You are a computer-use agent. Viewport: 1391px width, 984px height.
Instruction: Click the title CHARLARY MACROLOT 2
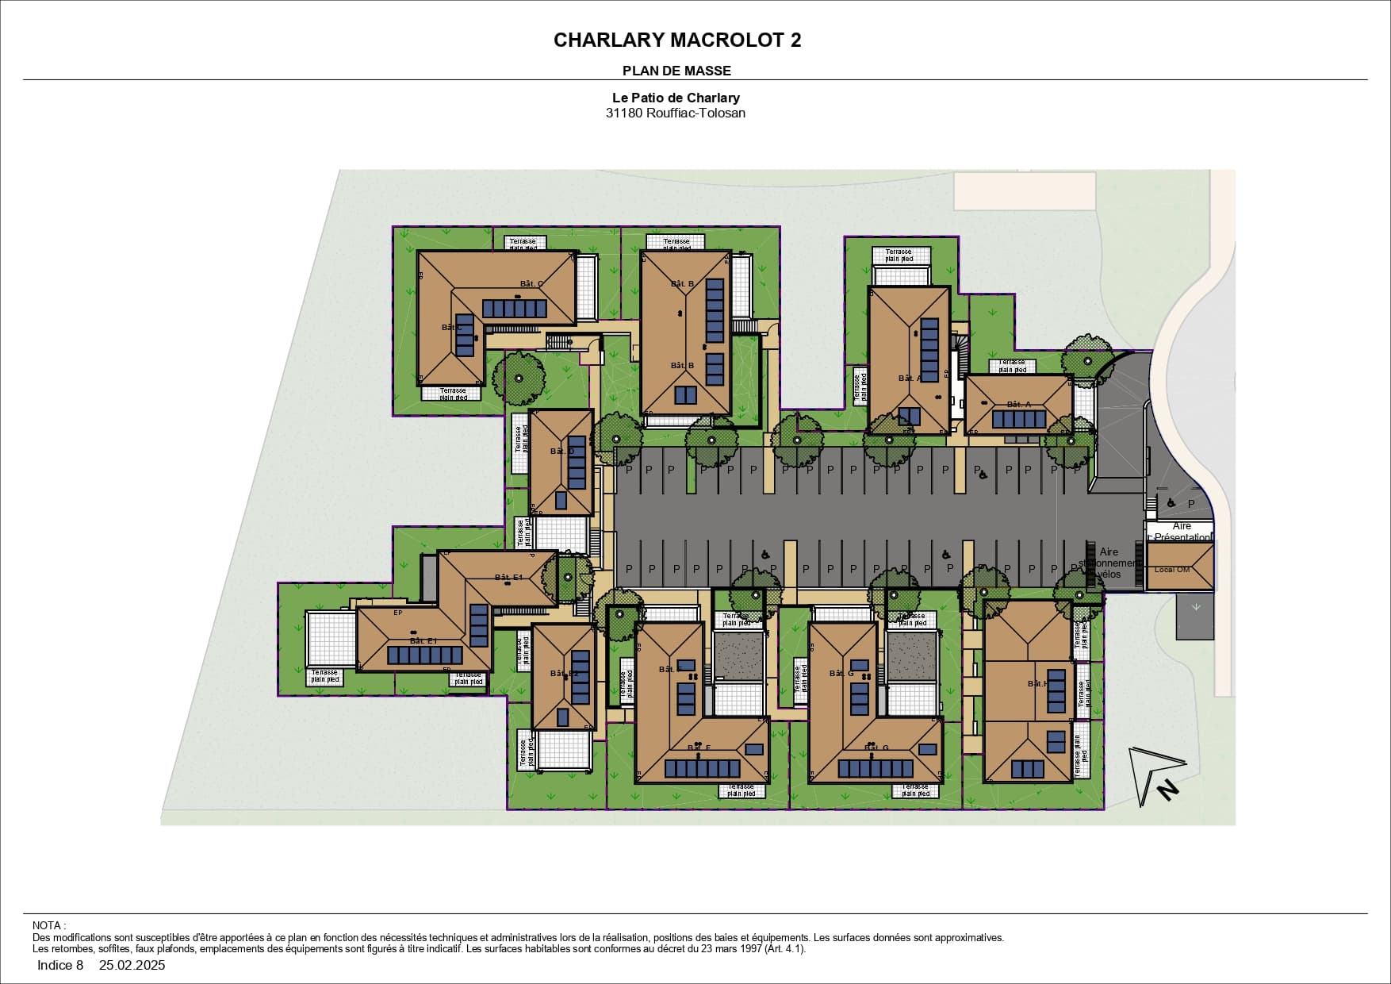click(x=676, y=40)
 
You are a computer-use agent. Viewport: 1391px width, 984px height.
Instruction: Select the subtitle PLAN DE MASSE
click(x=676, y=71)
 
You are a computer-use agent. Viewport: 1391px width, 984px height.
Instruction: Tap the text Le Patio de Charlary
click(x=676, y=98)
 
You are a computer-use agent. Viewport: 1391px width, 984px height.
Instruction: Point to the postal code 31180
click(x=624, y=113)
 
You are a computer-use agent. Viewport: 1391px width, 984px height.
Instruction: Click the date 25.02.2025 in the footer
click(x=132, y=966)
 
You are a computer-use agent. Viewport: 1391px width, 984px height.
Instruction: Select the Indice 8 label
click(x=60, y=966)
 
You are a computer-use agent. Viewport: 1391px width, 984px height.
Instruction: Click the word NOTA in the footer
click(x=47, y=925)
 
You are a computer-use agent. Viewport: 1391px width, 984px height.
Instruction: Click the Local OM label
click(x=1172, y=570)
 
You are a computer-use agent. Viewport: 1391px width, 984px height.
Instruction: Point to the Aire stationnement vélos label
click(x=1109, y=563)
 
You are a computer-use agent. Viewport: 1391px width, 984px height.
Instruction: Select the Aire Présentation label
click(x=1182, y=532)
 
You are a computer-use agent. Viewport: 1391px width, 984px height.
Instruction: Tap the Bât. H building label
click(x=1037, y=683)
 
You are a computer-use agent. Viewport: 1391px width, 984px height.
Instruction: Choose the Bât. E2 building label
click(x=565, y=674)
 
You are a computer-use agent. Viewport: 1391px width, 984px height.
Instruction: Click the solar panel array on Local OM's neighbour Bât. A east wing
click(x=1019, y=419)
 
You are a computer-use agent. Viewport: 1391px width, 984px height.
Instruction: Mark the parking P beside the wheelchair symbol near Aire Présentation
click(x=1190, y=504)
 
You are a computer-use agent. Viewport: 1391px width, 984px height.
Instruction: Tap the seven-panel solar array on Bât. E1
click(x=424, y=655)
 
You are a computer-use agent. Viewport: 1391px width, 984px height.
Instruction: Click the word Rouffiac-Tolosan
click(x=695, y=113)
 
